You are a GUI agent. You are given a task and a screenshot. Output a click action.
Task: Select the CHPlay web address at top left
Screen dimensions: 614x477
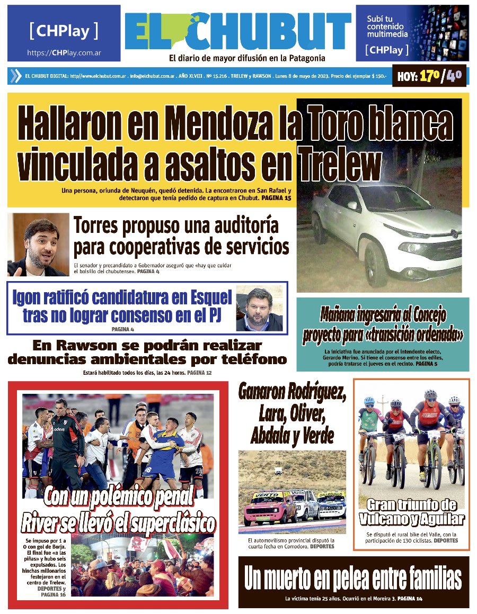click(64, 53)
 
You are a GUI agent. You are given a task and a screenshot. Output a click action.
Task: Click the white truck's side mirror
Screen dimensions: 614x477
click(352, 205)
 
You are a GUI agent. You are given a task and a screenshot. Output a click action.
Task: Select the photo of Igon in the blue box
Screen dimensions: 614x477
click(259, 309)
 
